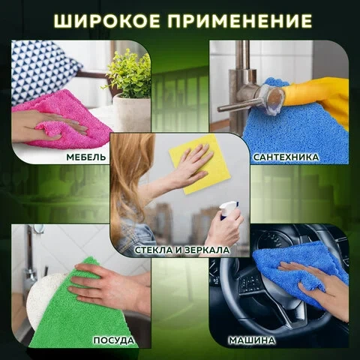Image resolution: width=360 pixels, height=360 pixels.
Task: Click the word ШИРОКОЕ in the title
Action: (106, 21)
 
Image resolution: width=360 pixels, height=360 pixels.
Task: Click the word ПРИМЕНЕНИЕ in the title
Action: (240, 21)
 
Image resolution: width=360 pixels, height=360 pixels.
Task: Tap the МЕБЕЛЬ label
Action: (86, 157)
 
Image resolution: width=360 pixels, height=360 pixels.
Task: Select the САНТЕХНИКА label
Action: (286, 157)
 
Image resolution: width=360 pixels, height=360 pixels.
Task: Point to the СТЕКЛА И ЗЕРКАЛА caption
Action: (182, 250)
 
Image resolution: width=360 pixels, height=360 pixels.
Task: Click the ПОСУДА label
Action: (114, 340)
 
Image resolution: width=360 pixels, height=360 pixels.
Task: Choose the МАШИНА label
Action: (251, 340)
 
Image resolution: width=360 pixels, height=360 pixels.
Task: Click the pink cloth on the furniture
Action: (67, 120)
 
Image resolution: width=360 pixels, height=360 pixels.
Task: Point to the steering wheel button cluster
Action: (250, 283)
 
